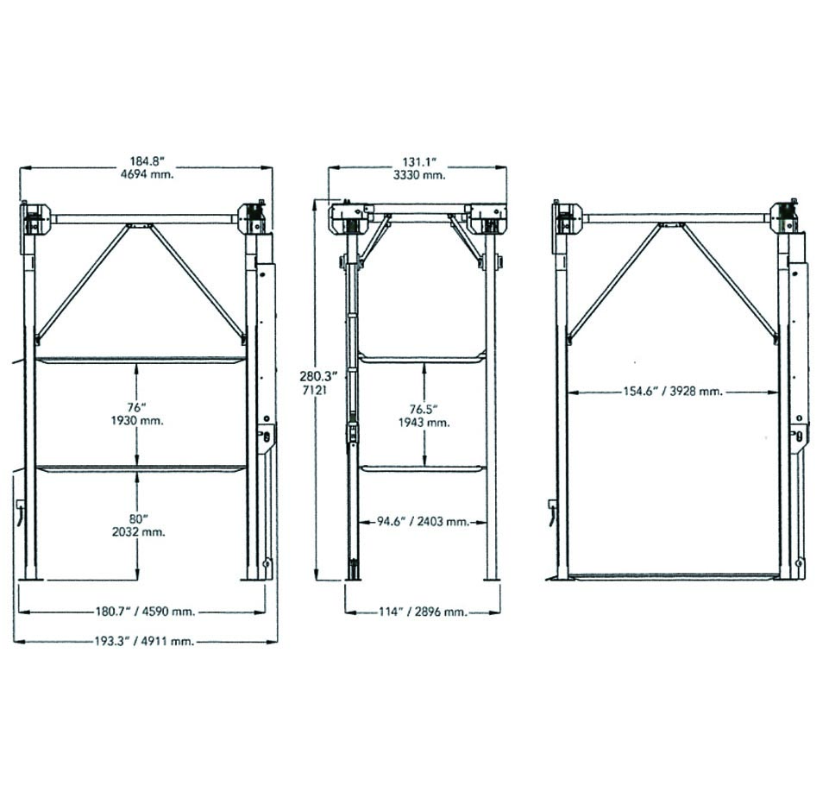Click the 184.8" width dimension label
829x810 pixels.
tap(148, 160)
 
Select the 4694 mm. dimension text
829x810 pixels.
tap(147, 174)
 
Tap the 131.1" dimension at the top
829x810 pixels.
tap(418, 162)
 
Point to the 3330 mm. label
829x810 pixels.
tap(419, 175)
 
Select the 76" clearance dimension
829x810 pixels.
tap(136, 407)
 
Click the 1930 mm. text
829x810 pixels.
tap(137, 421)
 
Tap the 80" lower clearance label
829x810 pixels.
tap(138, 518)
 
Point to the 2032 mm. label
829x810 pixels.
tap(139, 531)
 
